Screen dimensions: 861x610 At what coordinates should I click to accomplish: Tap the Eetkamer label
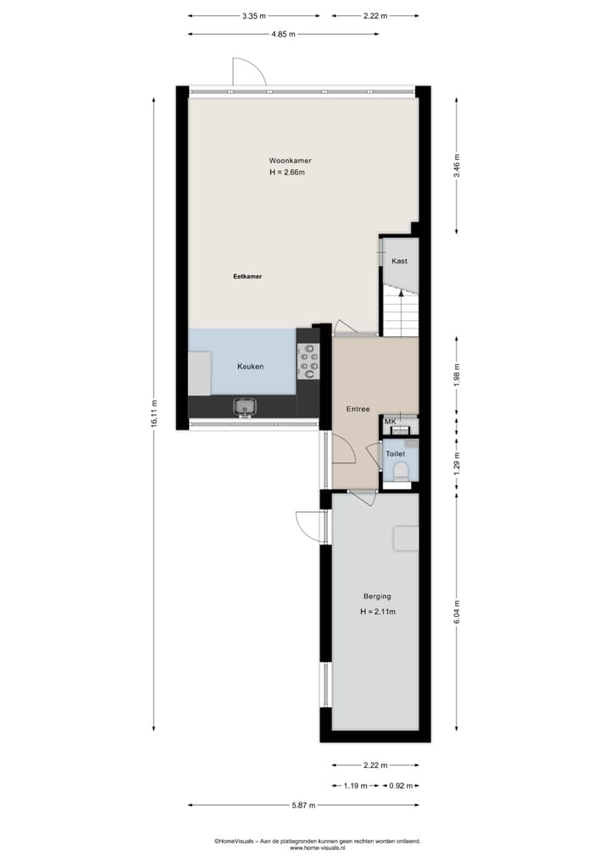(247, 276)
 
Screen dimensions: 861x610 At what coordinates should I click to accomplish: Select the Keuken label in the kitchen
(250, 367)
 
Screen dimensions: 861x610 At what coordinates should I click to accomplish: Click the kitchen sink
(245, 407)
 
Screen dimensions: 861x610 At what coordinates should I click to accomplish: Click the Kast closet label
(399, 261)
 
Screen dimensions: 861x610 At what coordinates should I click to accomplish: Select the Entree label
(358, 409)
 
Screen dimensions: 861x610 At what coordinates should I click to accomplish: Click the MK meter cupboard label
(391, 422)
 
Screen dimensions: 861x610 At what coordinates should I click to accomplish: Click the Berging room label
(378, 597)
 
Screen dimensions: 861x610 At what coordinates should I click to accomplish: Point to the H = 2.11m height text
(378, 612)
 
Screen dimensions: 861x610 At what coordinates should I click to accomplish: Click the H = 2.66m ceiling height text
(286, 173)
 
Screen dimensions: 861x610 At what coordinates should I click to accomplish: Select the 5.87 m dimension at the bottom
(302, 805)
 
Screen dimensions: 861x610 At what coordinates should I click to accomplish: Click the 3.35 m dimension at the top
(253, 15)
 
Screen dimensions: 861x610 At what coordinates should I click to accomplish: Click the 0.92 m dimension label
(401, 786)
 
